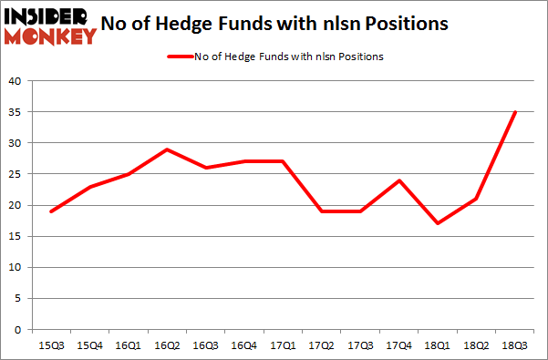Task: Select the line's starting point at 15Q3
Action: pos(51,211)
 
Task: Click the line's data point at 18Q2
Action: pos(477,199)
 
